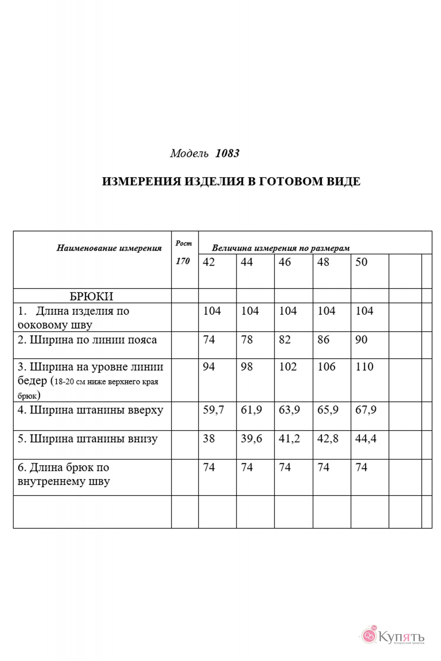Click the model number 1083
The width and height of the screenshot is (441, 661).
(227, 154)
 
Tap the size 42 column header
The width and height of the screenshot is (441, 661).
(209, 262)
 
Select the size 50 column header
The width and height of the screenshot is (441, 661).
(361, 262)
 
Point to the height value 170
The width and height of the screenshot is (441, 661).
(183, 261)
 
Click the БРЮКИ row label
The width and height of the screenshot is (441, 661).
(91, 296)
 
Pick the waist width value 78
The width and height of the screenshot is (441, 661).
(247, 340)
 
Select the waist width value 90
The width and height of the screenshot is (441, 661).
(361, 340)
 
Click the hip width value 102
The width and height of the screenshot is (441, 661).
(288, 367)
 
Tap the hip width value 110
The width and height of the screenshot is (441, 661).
(364, 367)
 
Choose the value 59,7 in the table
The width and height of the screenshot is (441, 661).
(213, 410)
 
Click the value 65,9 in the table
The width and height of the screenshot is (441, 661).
(328, 410)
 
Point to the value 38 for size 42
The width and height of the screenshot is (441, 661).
(209, 439)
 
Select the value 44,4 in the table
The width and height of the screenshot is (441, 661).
(366, 439)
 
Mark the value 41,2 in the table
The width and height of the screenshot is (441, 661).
(289, 439)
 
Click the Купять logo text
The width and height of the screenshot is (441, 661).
(401, 637)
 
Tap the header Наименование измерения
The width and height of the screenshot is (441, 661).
(109, 248)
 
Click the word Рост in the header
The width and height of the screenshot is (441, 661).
(184, 243)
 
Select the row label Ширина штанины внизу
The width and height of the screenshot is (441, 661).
(88, 439)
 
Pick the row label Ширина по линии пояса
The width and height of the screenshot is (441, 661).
(87, 340)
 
